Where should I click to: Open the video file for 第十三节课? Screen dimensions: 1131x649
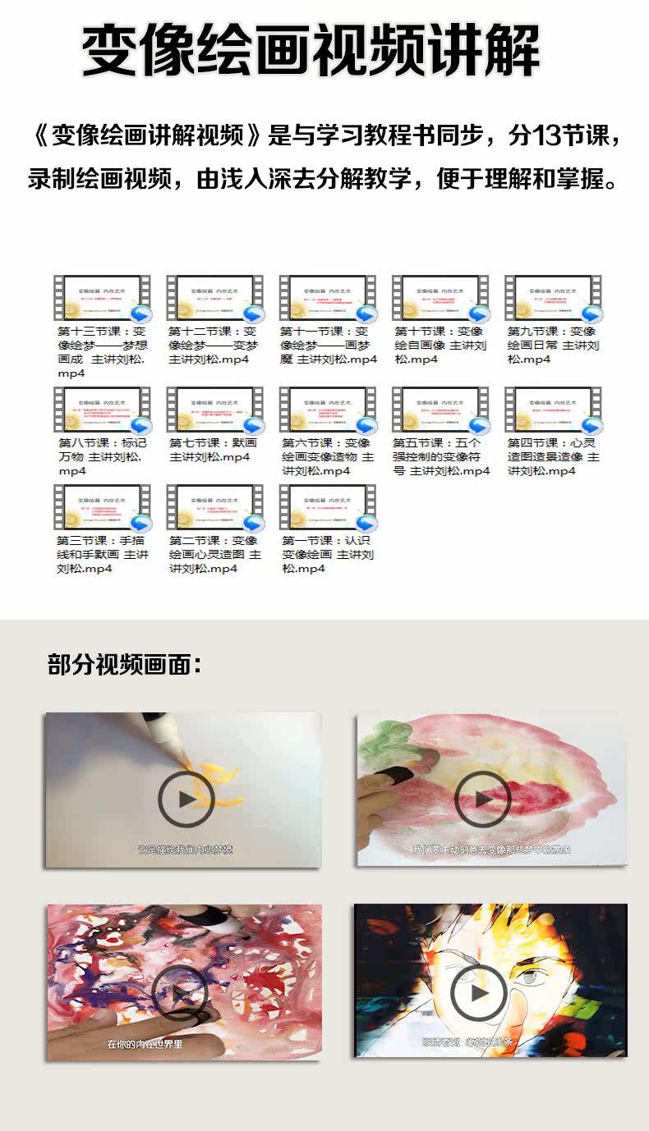[x=102, y=299]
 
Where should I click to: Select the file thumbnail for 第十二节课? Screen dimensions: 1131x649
[x=215, y=299]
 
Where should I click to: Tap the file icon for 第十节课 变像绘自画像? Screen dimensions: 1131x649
[x=440, y=299]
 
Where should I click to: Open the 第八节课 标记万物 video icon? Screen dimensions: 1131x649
[x=102, y=410]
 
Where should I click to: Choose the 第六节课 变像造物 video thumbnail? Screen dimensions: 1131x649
[x=328, y=410]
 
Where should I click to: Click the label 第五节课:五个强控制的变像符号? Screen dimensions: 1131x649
[x=440, y=456]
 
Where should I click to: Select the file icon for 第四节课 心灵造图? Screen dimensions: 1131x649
[x=553, y=410]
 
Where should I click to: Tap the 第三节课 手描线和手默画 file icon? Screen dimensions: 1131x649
[x=102, y=508]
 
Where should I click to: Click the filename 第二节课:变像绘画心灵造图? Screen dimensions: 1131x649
[x=214, y=554]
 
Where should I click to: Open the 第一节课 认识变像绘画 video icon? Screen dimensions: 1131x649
[x=328, y=508]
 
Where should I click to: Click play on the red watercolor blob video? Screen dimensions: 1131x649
[x=482, y=799]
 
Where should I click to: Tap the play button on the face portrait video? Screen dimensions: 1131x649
[x=479, y=993]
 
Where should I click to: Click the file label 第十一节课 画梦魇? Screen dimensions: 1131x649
[x=328, y=345]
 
